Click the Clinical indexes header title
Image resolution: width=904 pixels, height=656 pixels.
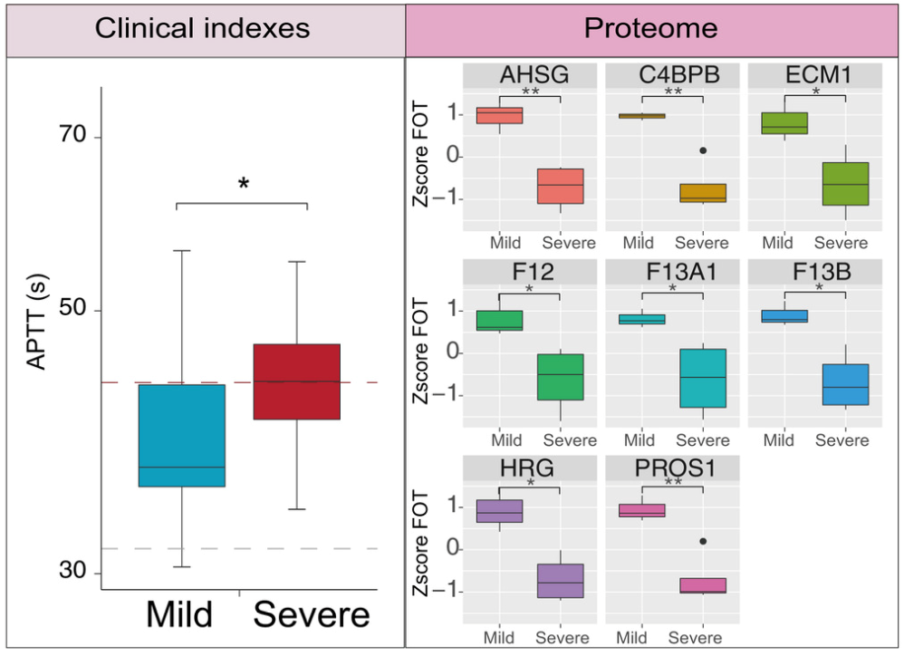pos(203,28)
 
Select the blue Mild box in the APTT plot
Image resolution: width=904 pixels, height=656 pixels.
pos(181,435)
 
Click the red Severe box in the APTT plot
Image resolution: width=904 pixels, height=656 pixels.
pos(296,381)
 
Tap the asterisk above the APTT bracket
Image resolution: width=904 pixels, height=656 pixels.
pos(243,184)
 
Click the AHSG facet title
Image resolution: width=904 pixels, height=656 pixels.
pos(530,75)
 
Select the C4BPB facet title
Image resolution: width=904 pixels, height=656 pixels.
pos(672,75)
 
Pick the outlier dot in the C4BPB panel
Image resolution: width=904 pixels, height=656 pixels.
pos(703,150)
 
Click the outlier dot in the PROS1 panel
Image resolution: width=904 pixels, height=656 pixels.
pos(703,541)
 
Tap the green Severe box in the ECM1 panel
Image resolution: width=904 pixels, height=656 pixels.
pos(844,184)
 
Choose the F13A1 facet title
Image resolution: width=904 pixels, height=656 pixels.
pos(672,272)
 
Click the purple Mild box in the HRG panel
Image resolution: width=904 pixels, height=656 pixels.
pos(499,512)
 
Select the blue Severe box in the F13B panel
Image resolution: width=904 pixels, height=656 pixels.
pos(844,384)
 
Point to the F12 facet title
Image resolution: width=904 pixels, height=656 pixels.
pos(530,272)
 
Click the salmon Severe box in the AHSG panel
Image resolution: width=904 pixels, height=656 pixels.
pos(560,186)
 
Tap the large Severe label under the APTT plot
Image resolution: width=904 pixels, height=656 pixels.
pos(312,615)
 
